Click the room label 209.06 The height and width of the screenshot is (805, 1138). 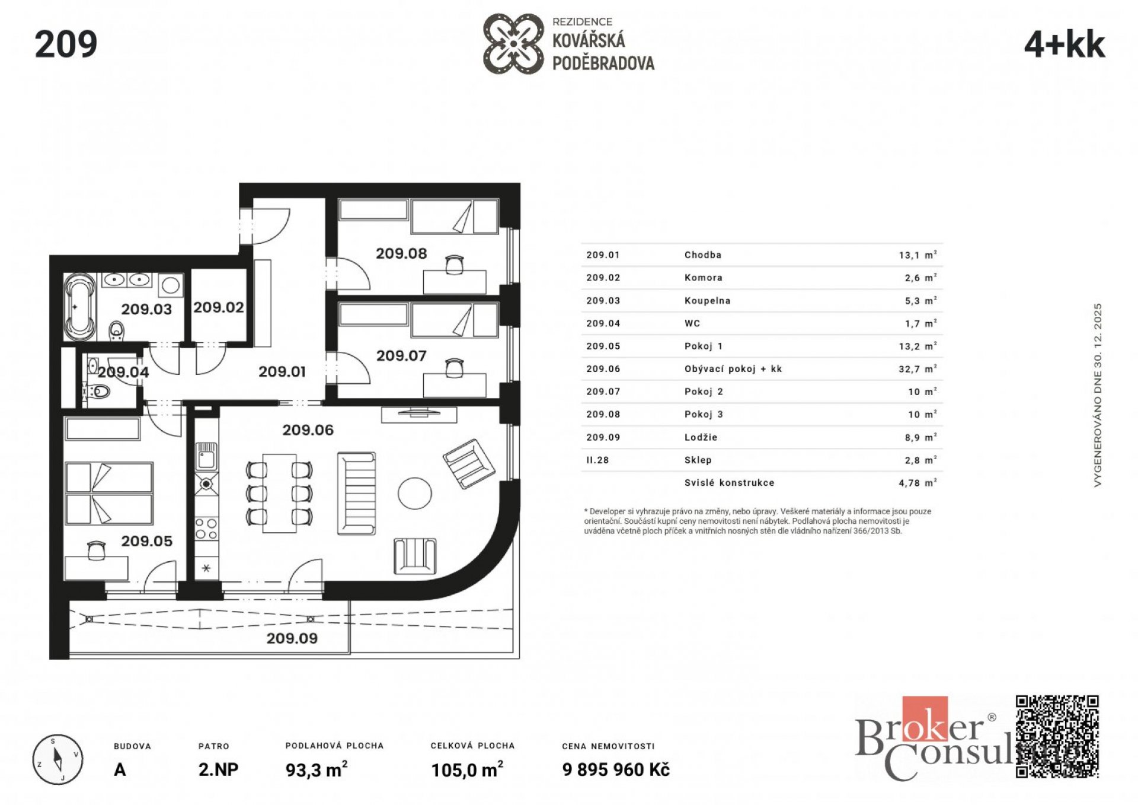tap(308, 430)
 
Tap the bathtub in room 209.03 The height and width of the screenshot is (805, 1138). tap(79, 306)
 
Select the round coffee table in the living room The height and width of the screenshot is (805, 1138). tap(415, 493)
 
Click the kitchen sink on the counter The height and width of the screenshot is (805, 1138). tap(206, 457)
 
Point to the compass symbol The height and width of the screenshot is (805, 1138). tap(57, 759)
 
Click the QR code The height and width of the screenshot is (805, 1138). tap(1057, 736)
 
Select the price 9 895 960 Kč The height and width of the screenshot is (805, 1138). tap(616, 770)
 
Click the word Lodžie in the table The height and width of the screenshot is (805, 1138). tap(701, 437)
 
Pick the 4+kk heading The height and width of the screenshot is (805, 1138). tap(1065, 45)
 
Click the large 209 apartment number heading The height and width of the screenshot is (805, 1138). tap(66, 44)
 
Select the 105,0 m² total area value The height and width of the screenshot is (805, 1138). tap(467, 770)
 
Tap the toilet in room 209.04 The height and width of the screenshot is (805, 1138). tap(101, 392)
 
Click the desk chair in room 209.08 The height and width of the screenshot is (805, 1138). tap(454, 265)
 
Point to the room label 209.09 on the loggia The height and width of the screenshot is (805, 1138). tap(292, 638)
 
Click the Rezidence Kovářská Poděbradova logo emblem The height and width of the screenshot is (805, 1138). tap(513, 44)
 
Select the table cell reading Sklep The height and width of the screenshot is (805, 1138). tap(698, 460)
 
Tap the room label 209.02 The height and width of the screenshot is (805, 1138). tap(218, 307)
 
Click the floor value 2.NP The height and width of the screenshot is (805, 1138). tap(218, 770)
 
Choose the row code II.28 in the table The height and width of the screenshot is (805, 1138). tap(597, 460)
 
